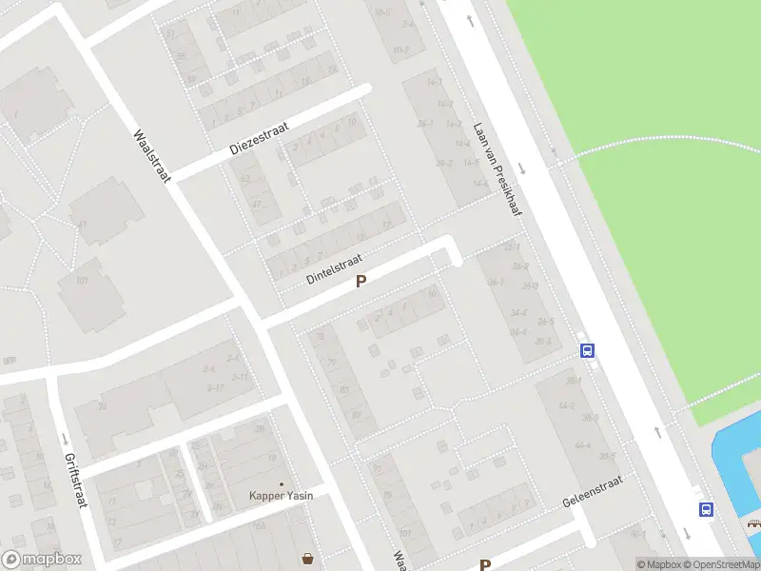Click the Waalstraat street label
click(151, 157)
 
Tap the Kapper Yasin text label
click(281, 495)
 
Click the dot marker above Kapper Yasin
click(281, 483)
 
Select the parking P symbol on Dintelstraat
click(361, 282)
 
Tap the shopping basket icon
click(308, 558)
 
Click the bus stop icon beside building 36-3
click(588, 350)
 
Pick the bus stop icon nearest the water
click(706, 509)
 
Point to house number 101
click(83, 281)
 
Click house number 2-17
click(215, 387)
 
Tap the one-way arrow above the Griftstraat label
click(64, 440)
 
